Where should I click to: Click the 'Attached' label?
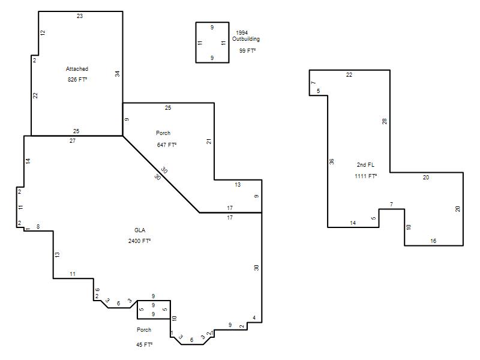click(77, 69)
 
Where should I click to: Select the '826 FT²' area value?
click(77, 80)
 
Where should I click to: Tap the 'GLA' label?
click(140, 230)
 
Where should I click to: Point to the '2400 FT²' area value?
click(139, 241)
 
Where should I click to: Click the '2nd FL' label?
click(365, 164)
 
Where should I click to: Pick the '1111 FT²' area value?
click(365, 176)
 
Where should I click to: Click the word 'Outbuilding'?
click(246, 39)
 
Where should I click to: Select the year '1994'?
click(242, 33)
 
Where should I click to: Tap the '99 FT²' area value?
click(247, 51)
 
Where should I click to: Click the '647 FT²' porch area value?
click(167, 145)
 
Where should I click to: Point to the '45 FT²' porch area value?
click(144, 344)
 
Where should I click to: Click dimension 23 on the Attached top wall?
click(80, 16)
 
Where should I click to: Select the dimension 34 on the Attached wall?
click(118, 74)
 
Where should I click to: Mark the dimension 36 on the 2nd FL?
click(332, 161)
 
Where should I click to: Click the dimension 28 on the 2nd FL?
click(385, 121)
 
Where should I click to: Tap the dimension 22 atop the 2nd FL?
click(349, 74)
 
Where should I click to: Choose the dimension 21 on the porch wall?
click(209, 142)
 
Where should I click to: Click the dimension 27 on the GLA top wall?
click(72, 141)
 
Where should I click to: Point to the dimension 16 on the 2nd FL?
click(433, 241)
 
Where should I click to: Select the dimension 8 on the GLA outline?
click(38, 227)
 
